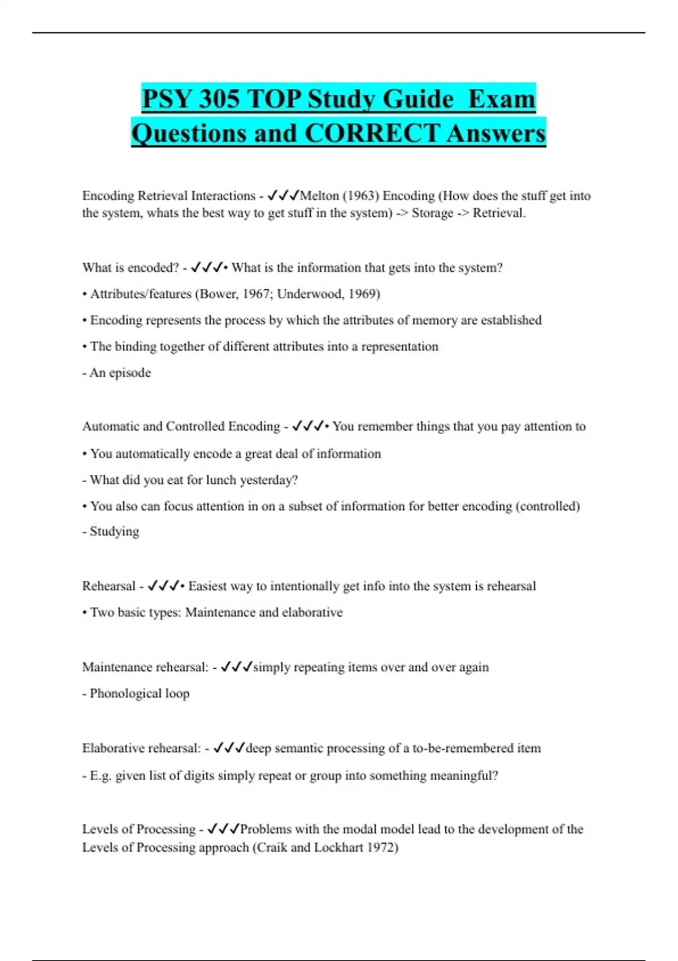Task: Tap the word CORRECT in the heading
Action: pyautogui.click(x=371, y=133)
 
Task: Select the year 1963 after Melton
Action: pyautogui.click(x=361, y=196)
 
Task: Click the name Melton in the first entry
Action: pyautogui.click(x=319, y=196)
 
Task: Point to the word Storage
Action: pyautogui.click(x=432, y=213)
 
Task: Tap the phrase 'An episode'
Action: pyautogui.click(x=120, y=373)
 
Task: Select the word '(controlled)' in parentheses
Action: pyautogui.click(x=547, y=506)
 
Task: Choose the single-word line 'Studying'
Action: pyautogui.click(x=114, y=531)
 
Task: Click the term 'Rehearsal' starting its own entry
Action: pyautogui.click(x=108, y=586)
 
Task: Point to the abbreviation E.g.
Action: pyautogui.click(x=100, y=776)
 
